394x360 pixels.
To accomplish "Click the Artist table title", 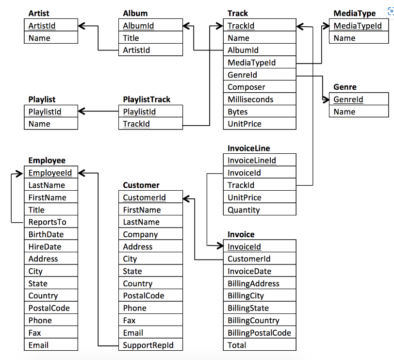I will [39, 13].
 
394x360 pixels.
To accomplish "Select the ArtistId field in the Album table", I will [136, 50].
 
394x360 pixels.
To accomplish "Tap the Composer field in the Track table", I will [246, 87].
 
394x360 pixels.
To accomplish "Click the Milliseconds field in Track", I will [250, 99].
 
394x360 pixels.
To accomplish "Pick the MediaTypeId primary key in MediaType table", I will [358, 26].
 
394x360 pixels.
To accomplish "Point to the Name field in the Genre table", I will [345, 112].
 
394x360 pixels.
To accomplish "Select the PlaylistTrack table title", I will [147, 99].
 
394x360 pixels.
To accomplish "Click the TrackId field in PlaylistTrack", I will [136, 124].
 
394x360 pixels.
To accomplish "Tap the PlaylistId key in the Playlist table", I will [45, 112].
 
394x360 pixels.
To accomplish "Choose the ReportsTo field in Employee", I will [47, 222].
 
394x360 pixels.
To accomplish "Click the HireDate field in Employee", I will [45, 246].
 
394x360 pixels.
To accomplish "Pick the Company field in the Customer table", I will [140, 234].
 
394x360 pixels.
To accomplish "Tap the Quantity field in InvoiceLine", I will [244, 210].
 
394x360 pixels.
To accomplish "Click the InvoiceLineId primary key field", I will [251, 161].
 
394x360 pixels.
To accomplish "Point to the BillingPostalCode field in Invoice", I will [259, 333].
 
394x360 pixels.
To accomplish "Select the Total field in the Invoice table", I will [237, 345].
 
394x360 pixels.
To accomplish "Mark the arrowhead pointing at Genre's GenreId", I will [326, 99].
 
